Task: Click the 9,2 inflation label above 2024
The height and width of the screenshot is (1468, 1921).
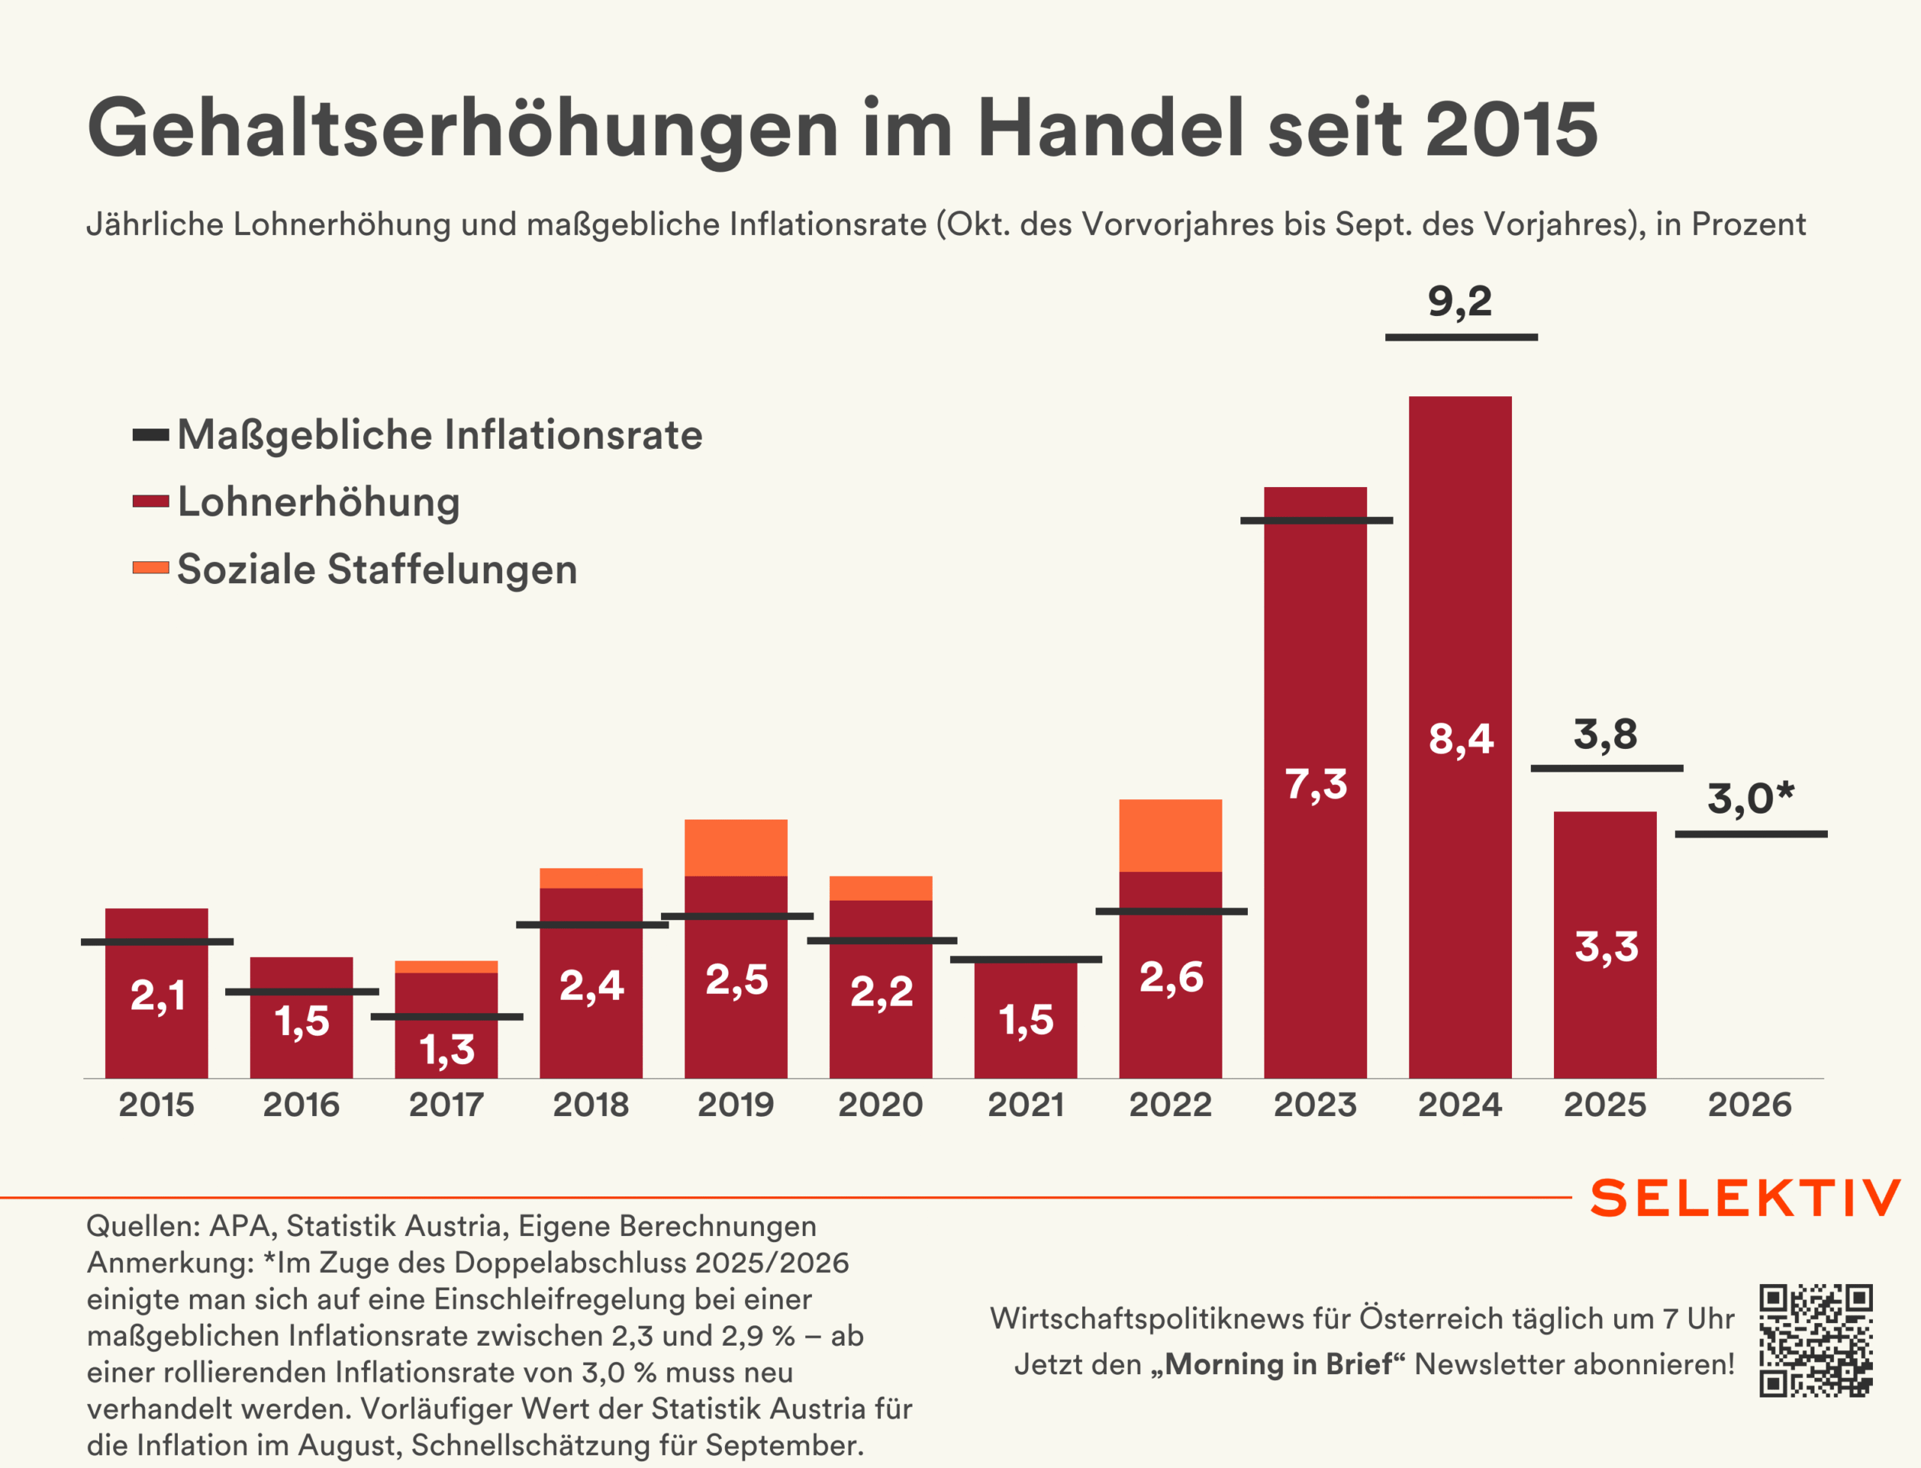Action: pyautogui.click(x=1460, y=302)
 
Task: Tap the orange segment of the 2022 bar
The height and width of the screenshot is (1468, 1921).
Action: pyautogui.click(x=1170, y=835)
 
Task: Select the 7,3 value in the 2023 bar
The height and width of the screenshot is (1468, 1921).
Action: pyautogui.click(x=1315, y=784)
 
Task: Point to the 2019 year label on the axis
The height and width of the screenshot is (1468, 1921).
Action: pyautogui.click(x=735, y=1105)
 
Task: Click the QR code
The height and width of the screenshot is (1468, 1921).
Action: pyautogui.click(x=1815, y=1340)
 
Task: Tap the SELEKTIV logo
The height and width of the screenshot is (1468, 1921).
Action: pyautogui.click(x=1745, y=1198)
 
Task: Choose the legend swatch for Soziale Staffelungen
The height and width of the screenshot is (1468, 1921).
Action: pyautogui.click(x=150, y=568)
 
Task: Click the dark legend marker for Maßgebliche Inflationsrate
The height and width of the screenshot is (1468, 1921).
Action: pyautogui.click(x=150, y=435)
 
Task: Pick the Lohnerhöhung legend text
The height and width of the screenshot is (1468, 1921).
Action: pyautogui.click(x=319, y=501)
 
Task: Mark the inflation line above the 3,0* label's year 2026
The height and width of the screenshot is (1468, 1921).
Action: pyautogui.click(x=1751, y=835)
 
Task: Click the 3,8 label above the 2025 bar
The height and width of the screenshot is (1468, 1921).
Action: pyautogui.click(x=1606, y=734)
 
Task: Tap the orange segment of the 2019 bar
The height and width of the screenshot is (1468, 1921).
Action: pyautogui.click(x=735, y=847)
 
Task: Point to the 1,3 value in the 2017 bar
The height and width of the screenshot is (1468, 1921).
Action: pyautogui.click(x=446, y=1049)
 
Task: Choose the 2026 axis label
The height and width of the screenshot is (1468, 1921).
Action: pyautogui.click(x=1750, y=1105)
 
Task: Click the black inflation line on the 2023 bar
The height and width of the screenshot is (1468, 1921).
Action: pyautogui.click(x=1315, y=521)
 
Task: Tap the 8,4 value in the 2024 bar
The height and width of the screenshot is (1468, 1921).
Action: pyautogui.click(x=1460, y=739)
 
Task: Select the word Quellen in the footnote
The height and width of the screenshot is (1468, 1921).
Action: pyautogui.click(x=139, y=1226)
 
